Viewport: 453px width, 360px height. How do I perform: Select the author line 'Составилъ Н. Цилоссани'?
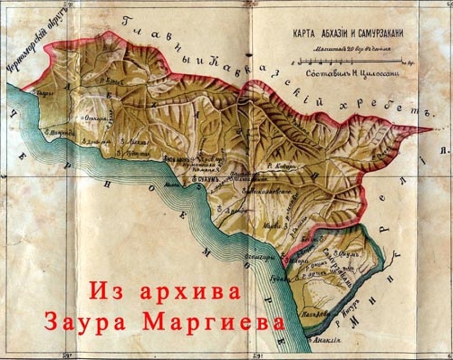coord(348,73)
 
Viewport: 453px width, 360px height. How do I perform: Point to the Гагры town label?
coord(43,93)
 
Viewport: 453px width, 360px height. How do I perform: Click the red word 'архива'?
coord(190,292)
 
